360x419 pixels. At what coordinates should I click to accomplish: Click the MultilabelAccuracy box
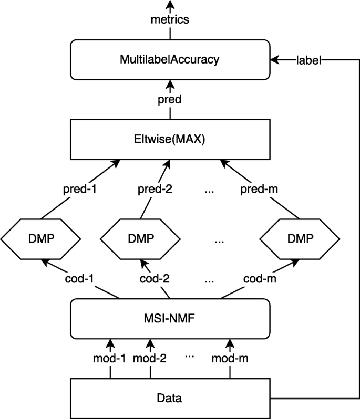click(x=170, y=59)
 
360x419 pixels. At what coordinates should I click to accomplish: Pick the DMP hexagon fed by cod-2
click(x=140, y=238)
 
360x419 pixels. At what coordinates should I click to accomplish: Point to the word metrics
click(x=170, y=20)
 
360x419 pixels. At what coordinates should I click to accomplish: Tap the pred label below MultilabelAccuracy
click(x=170, y=99)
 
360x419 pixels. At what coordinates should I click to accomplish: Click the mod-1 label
click(x=110, y=360)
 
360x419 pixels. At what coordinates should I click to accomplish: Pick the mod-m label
click(x=230, y=360)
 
